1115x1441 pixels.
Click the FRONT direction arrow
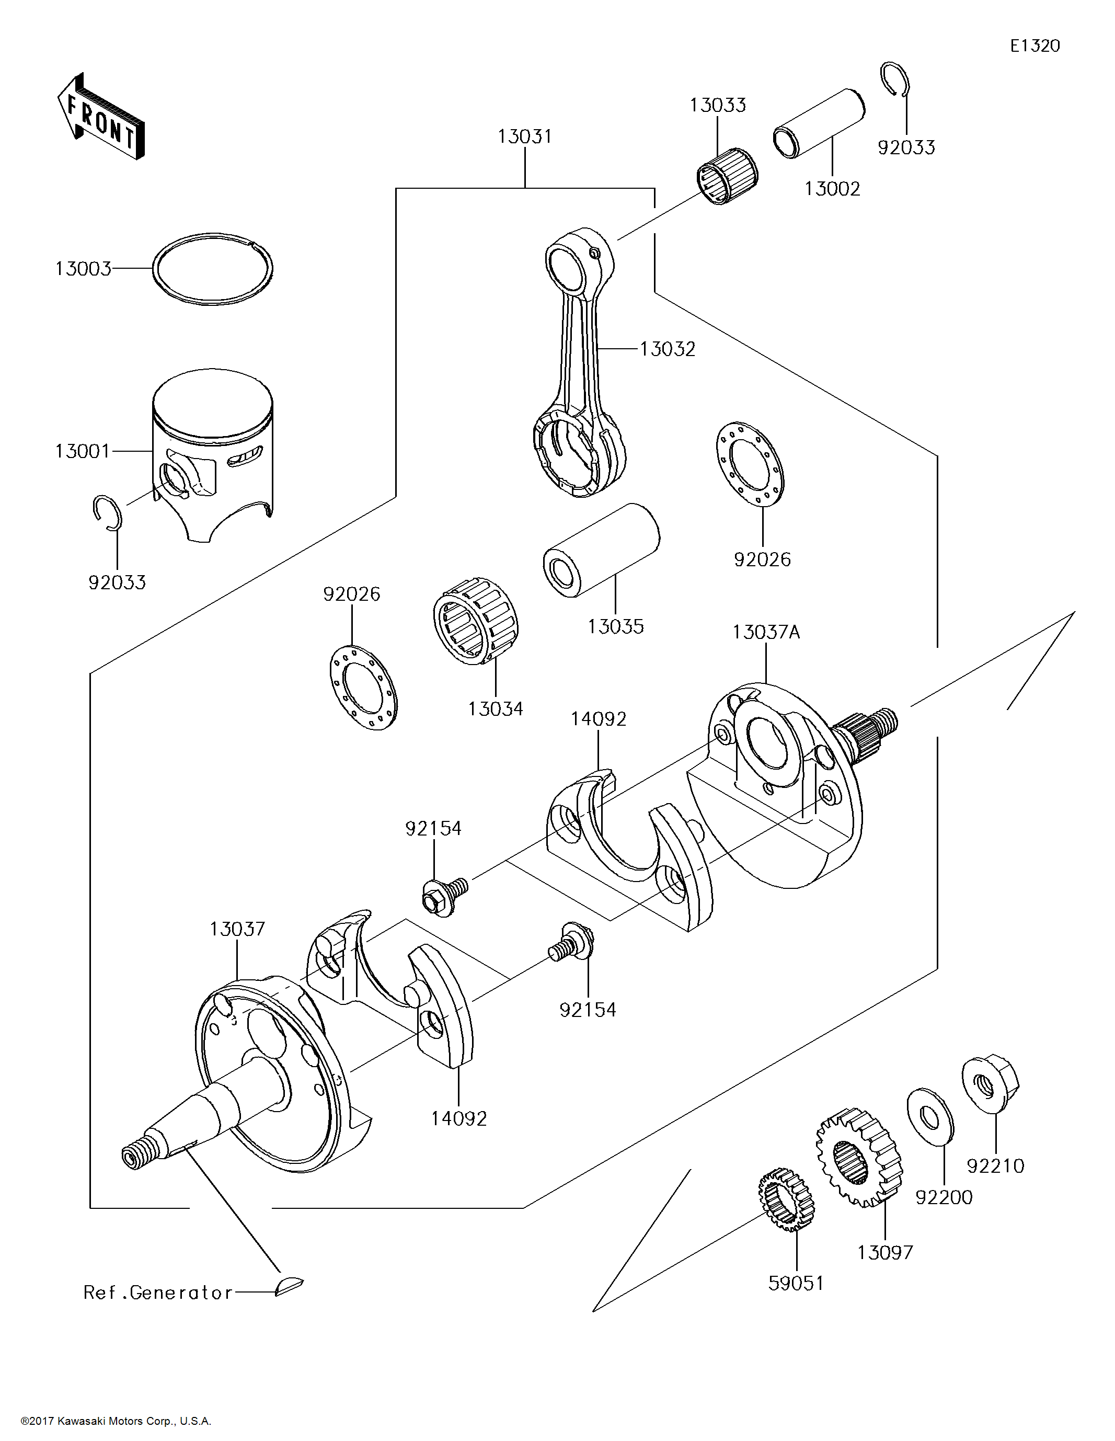pyautogui.click(x=100, y=117)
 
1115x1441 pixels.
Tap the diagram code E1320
pyautogui.click(x=1034, y=45)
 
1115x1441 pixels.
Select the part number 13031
pyautogui.click(x=524, y=136)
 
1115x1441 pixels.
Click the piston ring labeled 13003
pyautogui.click(x=212, y=269)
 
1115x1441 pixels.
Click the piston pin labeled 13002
pyautogui.click(x=819, y=123)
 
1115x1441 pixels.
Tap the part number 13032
pyautogui.click(x=668, y=349)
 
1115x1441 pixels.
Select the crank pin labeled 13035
pyautogui.click(x=601, y=550)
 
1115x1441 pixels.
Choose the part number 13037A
pyautogui.click(x=766, y=632)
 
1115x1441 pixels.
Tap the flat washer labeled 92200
pyautogui.click(x=930, y=1116)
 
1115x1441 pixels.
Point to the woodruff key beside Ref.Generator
pyautogui.click(x=289, y=1285)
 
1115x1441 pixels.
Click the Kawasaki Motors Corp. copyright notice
pyautogui.click(x=116, y=1421)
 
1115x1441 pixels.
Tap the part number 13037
pyautogui.click(x=237, y=929)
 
